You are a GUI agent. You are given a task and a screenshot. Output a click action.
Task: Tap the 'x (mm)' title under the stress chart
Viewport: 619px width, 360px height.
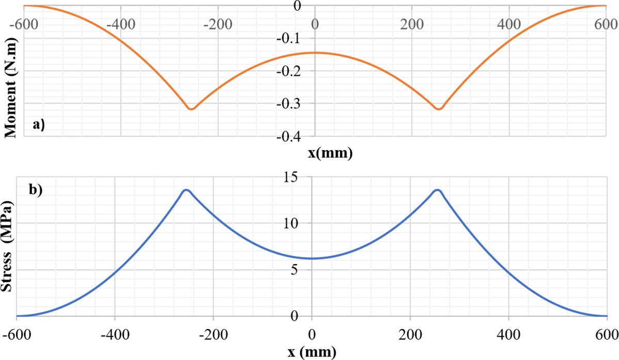(312, 353)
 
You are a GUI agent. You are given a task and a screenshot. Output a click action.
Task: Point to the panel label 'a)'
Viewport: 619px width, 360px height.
(39, 124)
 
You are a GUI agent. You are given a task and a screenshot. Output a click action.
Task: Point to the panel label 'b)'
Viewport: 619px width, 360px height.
(36, 189)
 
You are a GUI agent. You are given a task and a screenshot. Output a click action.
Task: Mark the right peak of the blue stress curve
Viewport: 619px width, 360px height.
(437, 190)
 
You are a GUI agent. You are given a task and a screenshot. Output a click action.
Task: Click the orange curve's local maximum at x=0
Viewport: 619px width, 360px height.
(315, 53)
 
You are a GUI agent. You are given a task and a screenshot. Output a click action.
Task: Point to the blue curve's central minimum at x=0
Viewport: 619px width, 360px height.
(312, 258)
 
